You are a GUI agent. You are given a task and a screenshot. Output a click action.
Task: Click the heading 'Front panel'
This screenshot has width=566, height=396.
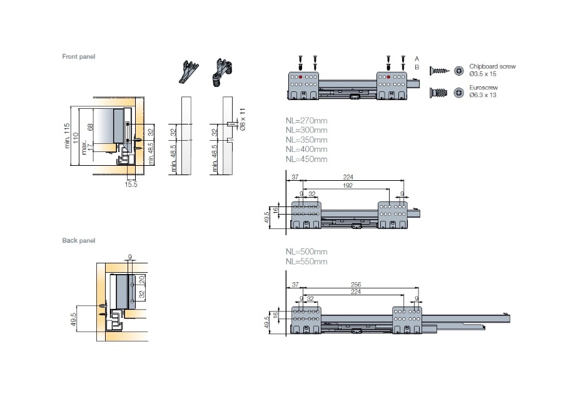[79, 57]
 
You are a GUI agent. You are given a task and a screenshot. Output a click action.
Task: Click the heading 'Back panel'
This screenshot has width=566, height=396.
[78, 240]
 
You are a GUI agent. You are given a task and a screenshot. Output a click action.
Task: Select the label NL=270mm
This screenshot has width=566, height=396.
[306, 120]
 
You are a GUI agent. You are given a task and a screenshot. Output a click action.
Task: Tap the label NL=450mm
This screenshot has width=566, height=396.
[306, 159]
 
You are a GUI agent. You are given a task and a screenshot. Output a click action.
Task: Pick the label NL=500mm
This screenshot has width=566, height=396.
[306, 251]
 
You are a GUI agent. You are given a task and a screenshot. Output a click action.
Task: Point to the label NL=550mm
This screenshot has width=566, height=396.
[306, 261]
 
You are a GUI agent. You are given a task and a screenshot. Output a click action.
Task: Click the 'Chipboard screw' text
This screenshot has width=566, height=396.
[494, 66]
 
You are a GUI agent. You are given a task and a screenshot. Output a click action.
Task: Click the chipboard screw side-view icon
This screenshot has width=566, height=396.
[439, 71]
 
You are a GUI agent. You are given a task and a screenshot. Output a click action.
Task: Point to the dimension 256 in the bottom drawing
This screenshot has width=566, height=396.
[356, 285]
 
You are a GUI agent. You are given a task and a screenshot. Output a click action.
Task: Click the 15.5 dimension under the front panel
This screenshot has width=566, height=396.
[130, 185]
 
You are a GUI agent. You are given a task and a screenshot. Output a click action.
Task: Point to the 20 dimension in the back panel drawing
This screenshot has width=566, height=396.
[142, 279]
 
